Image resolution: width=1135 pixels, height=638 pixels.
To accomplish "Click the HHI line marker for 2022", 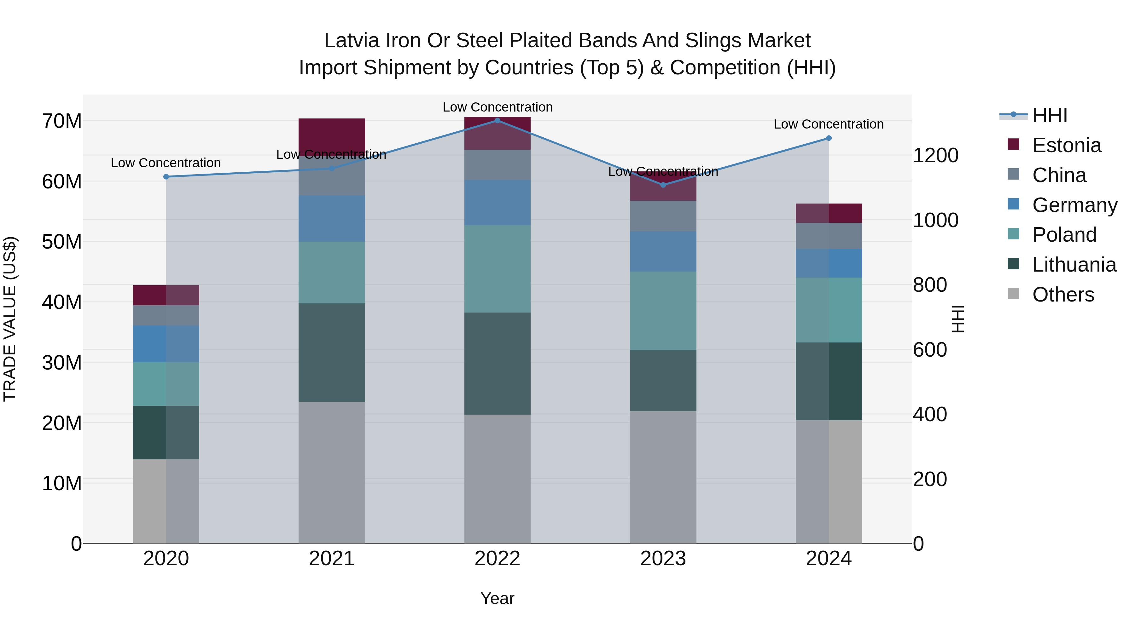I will (x=498, y=120).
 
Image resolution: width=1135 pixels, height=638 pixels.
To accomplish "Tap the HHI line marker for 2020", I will (x=166, y=176).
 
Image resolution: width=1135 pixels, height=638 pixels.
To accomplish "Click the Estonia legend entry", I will (x=1066, y=145).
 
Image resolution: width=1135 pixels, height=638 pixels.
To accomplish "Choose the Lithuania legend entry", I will (x=1074, y=265).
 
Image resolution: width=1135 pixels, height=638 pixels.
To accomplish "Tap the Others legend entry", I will (x=1063, y=295).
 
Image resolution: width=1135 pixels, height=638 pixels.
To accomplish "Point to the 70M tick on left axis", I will (x=62, y=121).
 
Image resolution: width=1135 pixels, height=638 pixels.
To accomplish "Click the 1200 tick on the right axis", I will (x=935, y=155).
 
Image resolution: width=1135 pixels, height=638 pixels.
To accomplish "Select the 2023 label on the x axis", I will (x=663, y=559).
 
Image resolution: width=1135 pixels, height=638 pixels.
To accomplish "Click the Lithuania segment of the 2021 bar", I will (x=332, y=352).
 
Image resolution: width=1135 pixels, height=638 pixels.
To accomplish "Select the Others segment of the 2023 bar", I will (x=663, y=477).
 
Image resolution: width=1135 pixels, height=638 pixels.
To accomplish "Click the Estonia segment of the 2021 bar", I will (x=332, y=134).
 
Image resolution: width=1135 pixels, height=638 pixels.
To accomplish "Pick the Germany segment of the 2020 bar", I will (x=166, y=343).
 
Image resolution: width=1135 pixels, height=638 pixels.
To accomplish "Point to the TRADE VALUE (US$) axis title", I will (x=10, y=319).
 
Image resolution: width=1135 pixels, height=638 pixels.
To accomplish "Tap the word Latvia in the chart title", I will (x=351, y=41).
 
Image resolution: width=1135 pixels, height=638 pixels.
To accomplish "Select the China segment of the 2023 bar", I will (x=663, y=216).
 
